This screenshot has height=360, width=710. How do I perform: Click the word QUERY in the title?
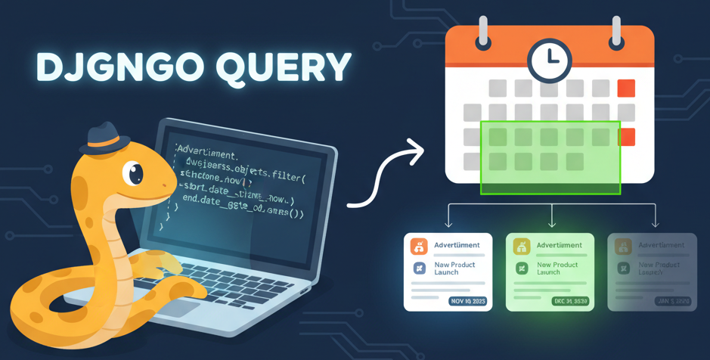[284, 67]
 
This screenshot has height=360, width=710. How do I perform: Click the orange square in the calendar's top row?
[626, 88]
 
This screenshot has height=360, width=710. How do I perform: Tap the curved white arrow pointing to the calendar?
[386, 178]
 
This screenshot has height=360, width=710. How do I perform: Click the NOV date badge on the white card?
[467, 301]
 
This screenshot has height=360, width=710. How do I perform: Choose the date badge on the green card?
[570, 301]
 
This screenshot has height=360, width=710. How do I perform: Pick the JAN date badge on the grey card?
[672, 301]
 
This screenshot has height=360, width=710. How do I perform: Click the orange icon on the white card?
[418, 246]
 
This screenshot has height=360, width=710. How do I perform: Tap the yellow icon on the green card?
[521, 246]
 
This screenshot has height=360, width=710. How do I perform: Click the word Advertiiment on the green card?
[560, 245]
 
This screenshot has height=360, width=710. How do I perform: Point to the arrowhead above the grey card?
[655, 224]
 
